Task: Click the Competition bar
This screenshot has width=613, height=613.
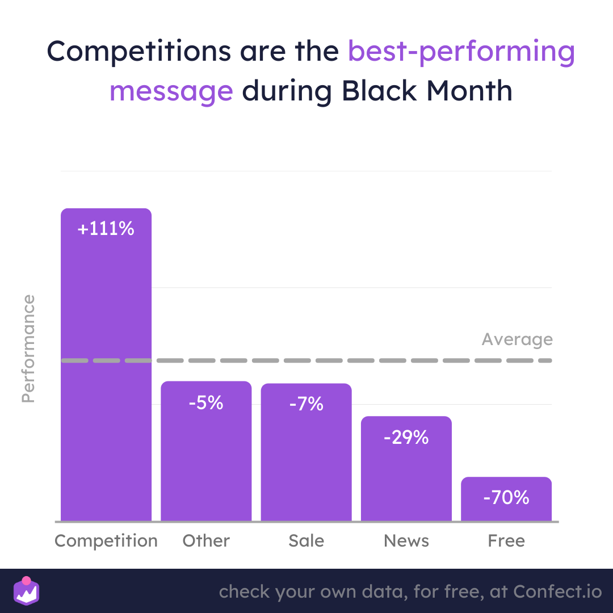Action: click(x=106, y=364)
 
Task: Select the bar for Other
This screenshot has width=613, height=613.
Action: click(x=206, y=451)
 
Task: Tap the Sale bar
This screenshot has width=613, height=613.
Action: click(x=306, y=452)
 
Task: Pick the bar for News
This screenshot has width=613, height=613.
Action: click(x=406, y=469)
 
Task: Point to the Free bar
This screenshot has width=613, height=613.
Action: click(x=506, y=499)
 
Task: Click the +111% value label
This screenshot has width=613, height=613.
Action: click(x=106, y=228)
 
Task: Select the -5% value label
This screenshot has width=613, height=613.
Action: click(x=206, y=402)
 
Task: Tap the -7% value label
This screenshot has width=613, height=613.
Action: click(x=306, y=404)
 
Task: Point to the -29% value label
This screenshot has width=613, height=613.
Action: click(x=406, y=437)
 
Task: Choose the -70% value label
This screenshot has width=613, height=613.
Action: click(x=506, y=497)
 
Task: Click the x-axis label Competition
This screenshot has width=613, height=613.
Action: click(x=106, y=541)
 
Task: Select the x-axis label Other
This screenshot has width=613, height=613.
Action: click(x=206, y=541)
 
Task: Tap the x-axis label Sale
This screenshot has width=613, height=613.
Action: click(x=306, y=541)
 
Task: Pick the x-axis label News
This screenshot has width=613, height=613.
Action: click(x=406, y=541)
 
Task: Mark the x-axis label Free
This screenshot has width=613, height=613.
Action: click(x=506, y=541)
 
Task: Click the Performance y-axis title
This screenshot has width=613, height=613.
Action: click(x=28, y=349)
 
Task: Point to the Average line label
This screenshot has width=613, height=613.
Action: click(x=517, y=339)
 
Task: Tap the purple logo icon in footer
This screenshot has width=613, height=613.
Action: click(x=26, y=591)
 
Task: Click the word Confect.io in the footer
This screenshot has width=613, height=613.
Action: click(x=557, y=591)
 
